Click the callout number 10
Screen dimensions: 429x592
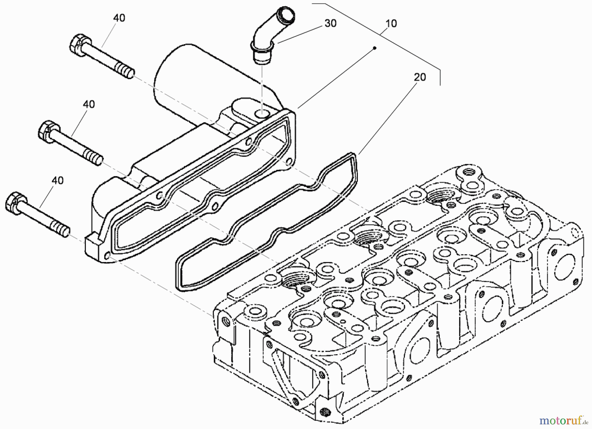point(391,23)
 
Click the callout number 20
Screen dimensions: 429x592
point(420,77)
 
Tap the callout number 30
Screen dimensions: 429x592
point(330,23)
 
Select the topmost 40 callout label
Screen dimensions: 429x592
point(119,18)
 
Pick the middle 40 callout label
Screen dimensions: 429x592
point(89,104)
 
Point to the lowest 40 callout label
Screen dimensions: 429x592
point(58,180)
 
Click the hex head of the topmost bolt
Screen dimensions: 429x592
point(78,43)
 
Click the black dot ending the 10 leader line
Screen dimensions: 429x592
point(374,48)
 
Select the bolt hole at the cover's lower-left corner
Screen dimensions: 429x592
point(107,256)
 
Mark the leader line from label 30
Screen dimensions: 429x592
point(299,34)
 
